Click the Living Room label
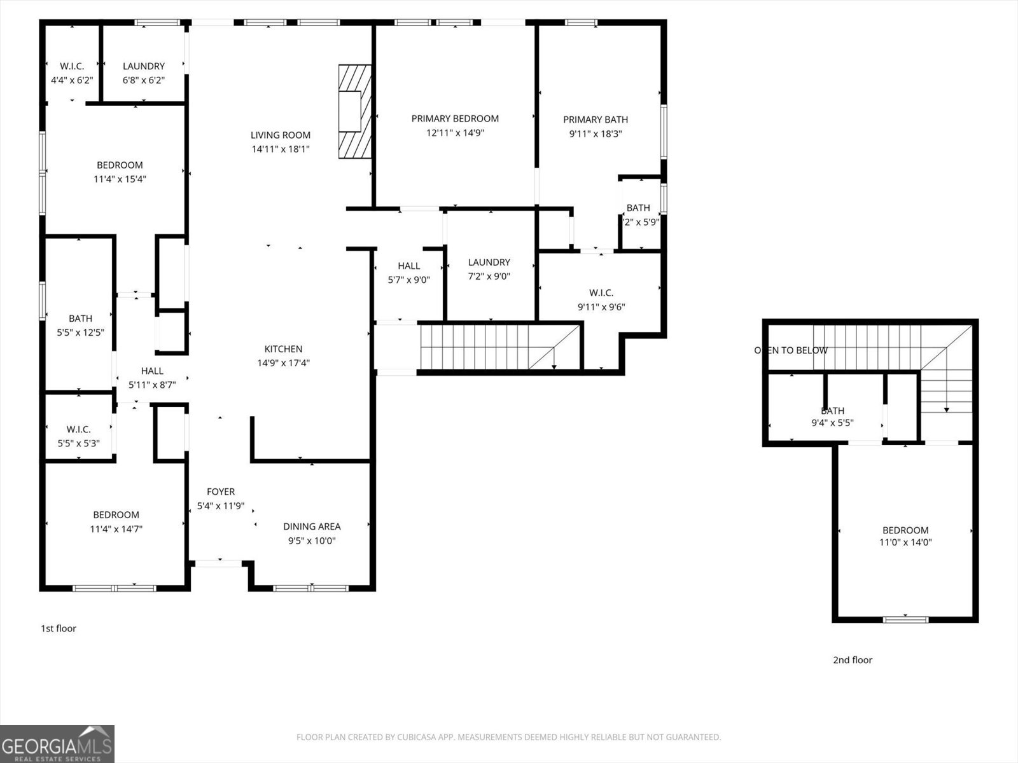(x=280, y=135)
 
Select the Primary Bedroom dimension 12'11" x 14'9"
(x=455, y=133)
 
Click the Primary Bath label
(x=595, y=120)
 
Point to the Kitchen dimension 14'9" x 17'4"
(x=283, y=363)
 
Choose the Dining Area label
(x=312, y=526)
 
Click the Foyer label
(x=221, y=491)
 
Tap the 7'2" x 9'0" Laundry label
(x=489, y=263)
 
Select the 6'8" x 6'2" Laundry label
(x=144, y=66)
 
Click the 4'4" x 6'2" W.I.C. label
(x=72, y=66)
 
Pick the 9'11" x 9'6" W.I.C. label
(x=601, y=293)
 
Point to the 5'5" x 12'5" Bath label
(x=80, y=319)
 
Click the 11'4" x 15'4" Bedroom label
(x=120, y=165)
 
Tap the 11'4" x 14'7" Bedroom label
(x=116, y=515)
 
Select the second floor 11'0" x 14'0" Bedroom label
(x=905, y=530)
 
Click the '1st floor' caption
(x=59, y=628)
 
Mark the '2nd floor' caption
(x=853, y=660)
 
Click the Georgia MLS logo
(x=57, y=744)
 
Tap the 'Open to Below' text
(x=791, y=350)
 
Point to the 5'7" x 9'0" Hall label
(x=408, y=266)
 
